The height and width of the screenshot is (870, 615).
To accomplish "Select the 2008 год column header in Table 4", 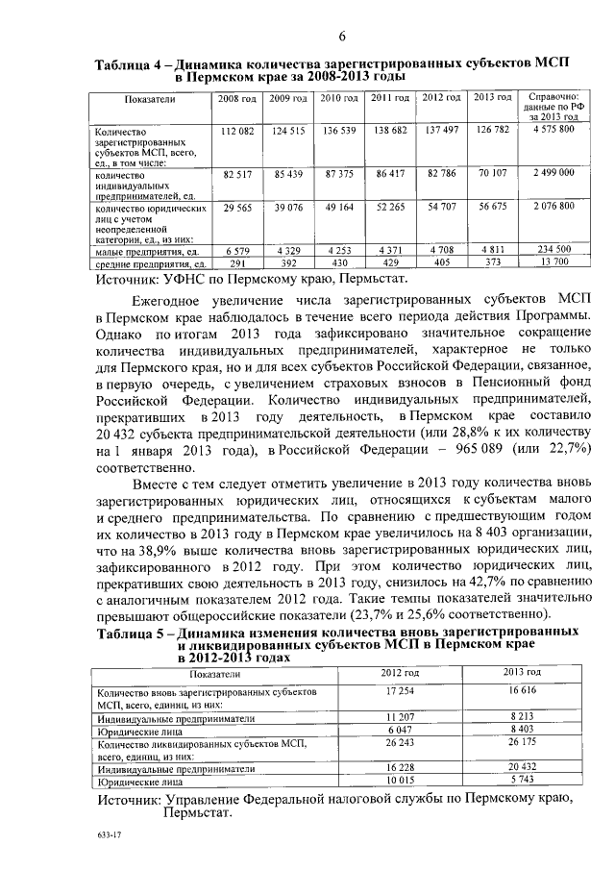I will pos(236,98).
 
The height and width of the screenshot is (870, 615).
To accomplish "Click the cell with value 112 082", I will pos(236,130).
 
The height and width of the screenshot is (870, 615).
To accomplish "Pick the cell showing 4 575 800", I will pos(553,130).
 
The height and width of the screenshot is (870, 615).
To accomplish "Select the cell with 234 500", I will pos(553,249).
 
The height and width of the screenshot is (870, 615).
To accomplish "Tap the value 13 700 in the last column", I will pos(553,261).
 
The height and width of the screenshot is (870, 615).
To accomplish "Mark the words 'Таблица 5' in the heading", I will pos(135,632).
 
